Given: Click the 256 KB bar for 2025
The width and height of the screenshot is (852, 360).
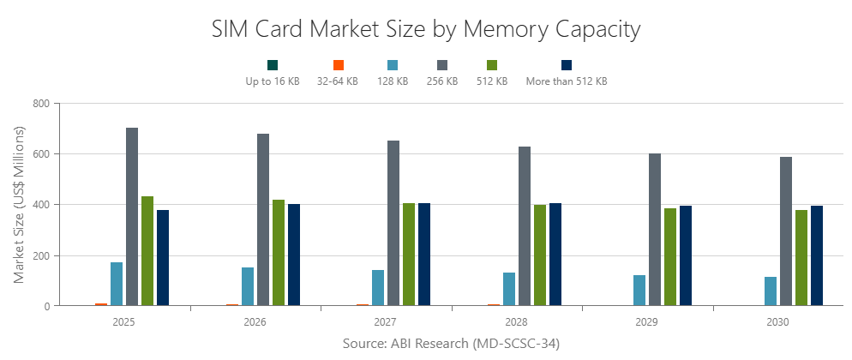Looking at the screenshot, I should (132, 217).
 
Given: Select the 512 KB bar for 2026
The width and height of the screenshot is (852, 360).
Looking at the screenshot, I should (279, 253).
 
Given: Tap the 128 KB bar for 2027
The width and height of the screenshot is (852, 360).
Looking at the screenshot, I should (378, 288).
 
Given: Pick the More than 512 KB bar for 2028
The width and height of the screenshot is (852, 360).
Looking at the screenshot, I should (555, 255).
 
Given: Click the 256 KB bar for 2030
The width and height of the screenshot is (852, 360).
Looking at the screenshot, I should (786, 231).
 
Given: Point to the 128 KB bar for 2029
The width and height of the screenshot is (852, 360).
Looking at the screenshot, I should (639, 291).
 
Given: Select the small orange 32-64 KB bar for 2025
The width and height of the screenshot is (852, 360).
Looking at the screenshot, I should (101, 304).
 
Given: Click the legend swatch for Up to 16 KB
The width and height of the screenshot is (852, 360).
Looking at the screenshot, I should (273, 65).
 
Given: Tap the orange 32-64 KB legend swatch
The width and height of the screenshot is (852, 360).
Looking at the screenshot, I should (338, 65).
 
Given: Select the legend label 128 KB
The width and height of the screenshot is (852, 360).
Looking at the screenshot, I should (393, 81).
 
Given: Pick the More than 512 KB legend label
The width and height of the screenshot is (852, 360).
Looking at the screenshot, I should (566, 81).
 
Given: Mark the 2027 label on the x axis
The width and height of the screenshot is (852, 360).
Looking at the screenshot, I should (386, 323).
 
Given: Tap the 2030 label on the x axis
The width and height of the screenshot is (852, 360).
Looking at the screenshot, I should (778, 323).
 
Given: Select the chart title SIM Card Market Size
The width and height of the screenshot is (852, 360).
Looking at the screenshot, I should (426, 29).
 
